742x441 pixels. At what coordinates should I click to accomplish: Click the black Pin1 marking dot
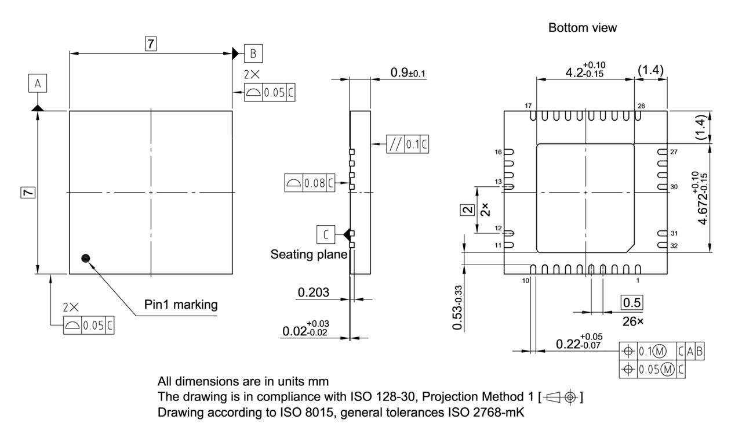(86, 258)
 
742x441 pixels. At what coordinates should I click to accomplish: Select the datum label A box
(37, 84)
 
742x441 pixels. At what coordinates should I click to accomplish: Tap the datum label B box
(253, 53)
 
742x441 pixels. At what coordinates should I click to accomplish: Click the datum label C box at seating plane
(326, 234)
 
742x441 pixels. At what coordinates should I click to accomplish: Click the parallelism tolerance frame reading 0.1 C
(408, 143)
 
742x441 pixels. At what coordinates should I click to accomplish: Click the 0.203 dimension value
(314, 292)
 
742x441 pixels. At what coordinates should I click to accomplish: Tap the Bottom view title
(574, 28)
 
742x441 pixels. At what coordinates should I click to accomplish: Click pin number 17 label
(528, 106)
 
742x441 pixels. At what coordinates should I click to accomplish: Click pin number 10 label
(526, 281)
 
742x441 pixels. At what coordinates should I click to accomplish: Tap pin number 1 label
(638, 281)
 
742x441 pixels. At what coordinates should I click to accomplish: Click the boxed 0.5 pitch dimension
(632, 303)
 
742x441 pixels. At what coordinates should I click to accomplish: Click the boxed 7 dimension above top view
(150, 43)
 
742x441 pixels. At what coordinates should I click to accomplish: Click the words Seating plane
(309, 254)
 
